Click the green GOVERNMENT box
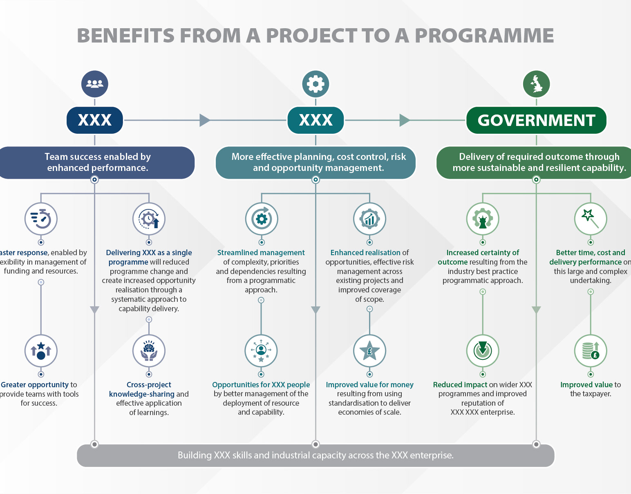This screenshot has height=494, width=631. coord(536,120)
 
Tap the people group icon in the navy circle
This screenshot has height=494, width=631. coord(95,84)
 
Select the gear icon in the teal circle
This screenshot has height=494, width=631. coord(315,84)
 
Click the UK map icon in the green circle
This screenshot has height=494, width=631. coord(536,84)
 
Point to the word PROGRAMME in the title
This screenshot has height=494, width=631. coord(484,36)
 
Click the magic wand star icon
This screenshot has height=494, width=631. coord(590,218)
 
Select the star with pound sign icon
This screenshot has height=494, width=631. coord(369,351)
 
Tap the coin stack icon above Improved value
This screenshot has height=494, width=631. coord(590,351)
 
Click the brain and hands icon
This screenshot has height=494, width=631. coord(149,351)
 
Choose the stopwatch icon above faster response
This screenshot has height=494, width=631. coord(41,218)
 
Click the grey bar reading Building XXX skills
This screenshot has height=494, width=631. coord(315,455)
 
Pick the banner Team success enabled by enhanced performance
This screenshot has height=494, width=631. coord(97,162)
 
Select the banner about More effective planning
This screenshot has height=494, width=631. coord(315,162)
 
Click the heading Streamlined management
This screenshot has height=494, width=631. coord(261,253)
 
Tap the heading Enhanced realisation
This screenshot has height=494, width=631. coord(365,253)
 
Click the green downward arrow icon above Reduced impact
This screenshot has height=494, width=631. coord(483,351)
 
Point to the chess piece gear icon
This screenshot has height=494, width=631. coord(483,218)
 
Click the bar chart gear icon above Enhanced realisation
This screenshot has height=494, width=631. coord(369,218)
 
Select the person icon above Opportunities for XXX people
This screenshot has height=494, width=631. coord(261,351)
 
